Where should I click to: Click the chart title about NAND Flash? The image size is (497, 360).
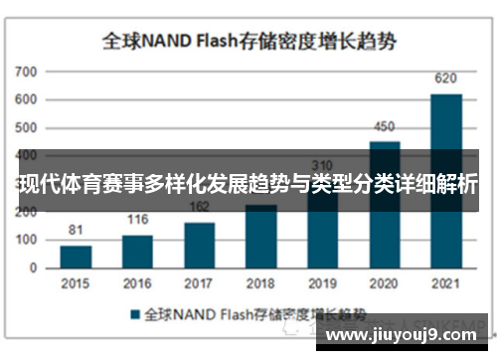coord(248,41)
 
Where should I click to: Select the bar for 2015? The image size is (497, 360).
coord(76,257)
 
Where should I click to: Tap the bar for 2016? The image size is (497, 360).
coord(137,252)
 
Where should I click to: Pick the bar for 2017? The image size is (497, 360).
coord(199,245)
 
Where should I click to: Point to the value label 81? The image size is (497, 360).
coord(76,231)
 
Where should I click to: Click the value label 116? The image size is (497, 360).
coord(137,220)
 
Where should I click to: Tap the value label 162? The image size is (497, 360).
coord(199,207)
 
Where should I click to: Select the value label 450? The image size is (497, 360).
coord(385,126)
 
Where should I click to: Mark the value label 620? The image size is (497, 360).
coord(446,79)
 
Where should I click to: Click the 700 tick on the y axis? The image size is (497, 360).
coord(26,73)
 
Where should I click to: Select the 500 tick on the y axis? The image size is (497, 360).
coord(26,128)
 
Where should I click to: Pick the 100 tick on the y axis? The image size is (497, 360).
coord(26,241)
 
